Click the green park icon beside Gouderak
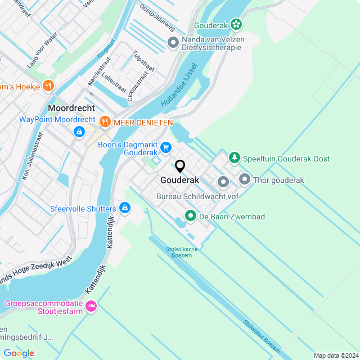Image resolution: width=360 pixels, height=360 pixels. click(x=236, y=24)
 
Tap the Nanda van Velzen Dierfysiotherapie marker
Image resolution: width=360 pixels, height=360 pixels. click(x=173, y=42)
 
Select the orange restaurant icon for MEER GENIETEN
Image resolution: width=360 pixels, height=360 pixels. click(x=105, y=121)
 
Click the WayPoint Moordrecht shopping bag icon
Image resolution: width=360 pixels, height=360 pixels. click(x=79, y=132)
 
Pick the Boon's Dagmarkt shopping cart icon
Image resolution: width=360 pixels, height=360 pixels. click(x=166, y=147)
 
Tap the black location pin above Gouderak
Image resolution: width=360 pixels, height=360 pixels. click(x=180, y=166)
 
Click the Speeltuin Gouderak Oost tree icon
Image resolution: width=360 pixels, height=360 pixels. click(x=235, y=159)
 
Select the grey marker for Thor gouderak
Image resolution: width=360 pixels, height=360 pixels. click(x=245, y=179)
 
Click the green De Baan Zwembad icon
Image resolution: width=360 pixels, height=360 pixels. click(x=191, y=216)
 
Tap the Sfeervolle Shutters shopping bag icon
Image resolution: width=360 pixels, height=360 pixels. click(x=125, y=209)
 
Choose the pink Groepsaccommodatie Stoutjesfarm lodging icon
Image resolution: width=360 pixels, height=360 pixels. click(x=91, y=307)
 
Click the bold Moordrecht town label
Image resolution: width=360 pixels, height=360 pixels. click(x=71, y=108)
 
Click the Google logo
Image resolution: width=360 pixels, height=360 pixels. click(x=19, y=353)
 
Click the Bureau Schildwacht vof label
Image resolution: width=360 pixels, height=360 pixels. click(x=197, y=196)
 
